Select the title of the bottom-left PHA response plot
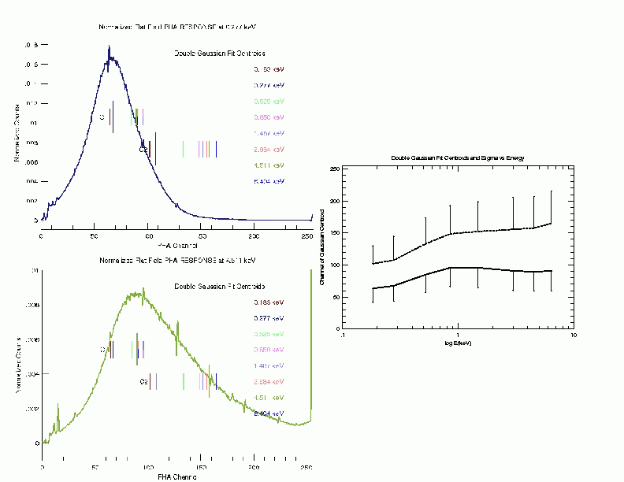coord(177,260)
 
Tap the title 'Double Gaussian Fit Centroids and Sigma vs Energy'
coord(458,158)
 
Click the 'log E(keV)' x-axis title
coord(458,343)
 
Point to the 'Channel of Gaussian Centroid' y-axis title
coord(323,248)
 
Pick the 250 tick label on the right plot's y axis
coord(335,169)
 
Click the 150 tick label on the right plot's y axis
coord(335,233)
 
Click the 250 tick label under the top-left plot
coord(307,235)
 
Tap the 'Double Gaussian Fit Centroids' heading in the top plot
coord(220,54)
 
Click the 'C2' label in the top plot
coord(143,149)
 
